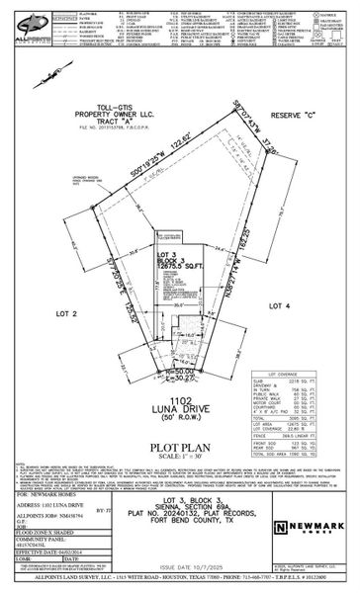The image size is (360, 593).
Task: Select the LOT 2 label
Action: (66, 312)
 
